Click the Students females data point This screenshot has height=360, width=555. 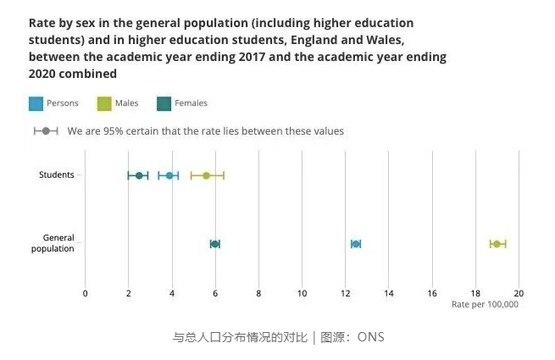click(139, 175)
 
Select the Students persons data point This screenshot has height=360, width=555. click(169, 175)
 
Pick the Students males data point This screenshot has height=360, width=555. click(206, 175)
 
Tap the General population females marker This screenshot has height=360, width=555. click(215, 244)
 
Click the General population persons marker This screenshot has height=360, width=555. click(356, 244)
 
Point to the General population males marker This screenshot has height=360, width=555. click(497, 244)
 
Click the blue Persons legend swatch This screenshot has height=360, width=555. click(36, 103)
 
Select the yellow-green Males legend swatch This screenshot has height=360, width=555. click(104, 103)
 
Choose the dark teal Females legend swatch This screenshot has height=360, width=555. click(164, 103)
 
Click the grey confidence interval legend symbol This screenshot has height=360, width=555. click(46, 131)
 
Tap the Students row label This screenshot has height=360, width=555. click(57, 175)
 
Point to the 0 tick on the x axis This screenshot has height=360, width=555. click(85, 293)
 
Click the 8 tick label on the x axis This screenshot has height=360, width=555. click(258, 293)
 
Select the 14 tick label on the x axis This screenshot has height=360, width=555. click(389, 293)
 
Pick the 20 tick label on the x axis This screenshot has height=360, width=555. click(519, 293)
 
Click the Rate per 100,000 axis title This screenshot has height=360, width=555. click(485, 304)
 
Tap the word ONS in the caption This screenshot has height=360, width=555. click(370, 337)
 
